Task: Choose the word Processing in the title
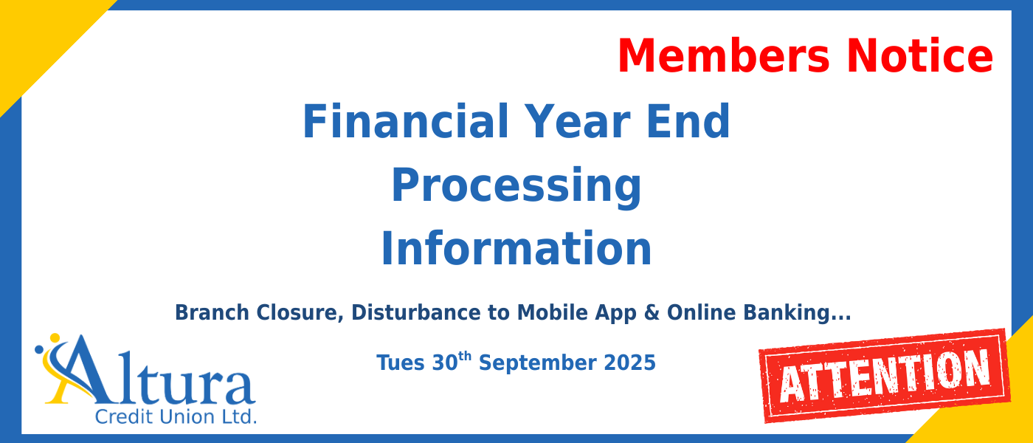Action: click(516, 186)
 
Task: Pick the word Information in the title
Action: click(516, 250)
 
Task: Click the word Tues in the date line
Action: click(401, 363)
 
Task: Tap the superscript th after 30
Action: click(464, 357)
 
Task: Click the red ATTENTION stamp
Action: click(885, 375)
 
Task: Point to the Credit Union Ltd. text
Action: click(176, 416)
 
